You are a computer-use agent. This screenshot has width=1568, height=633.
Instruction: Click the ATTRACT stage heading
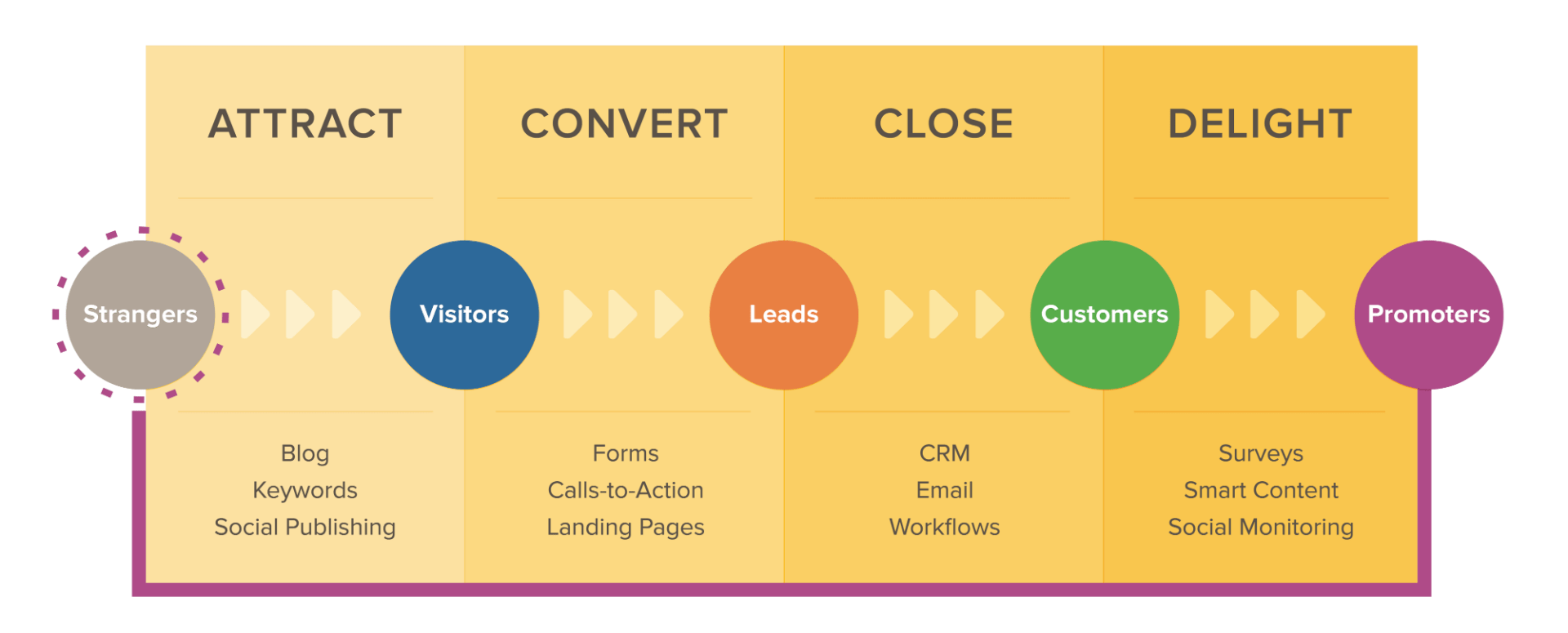coord(305,124)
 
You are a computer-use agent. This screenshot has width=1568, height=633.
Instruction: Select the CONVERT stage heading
coord(624,124)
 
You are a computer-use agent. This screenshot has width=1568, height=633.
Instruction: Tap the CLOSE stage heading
coord(943,124)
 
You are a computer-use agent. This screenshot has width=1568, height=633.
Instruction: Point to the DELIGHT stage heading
coord(1260,124)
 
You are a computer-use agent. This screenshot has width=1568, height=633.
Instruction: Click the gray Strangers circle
coord(140,314)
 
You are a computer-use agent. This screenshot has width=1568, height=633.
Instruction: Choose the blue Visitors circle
coord(464,314)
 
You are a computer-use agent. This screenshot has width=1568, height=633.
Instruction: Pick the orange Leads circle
coord(784,314)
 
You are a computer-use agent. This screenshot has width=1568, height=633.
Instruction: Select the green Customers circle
coord(1104,314)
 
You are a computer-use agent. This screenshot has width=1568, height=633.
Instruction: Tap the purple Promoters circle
coord(1428,314)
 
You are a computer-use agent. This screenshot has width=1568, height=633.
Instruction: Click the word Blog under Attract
coord(305,453)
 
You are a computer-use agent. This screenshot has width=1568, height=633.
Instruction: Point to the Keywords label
coord(305,490)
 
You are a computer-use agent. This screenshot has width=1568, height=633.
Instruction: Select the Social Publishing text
coord(305,527)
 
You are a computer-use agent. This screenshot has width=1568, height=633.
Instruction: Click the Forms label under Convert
coord(626,453)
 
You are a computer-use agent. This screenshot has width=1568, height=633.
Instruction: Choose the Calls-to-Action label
coord(626,490)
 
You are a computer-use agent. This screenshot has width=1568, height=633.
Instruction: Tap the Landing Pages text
coord(626,527)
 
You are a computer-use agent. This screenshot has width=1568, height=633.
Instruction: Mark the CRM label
coord(945,453)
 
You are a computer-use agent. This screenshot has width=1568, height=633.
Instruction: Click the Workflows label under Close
coord(945,527)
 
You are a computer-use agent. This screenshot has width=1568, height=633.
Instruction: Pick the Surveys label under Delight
coord(1261,453)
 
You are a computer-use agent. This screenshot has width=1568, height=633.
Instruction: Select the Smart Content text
coord(1261,490)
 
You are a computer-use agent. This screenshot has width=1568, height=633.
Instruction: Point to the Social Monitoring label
coord(1261,527)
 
